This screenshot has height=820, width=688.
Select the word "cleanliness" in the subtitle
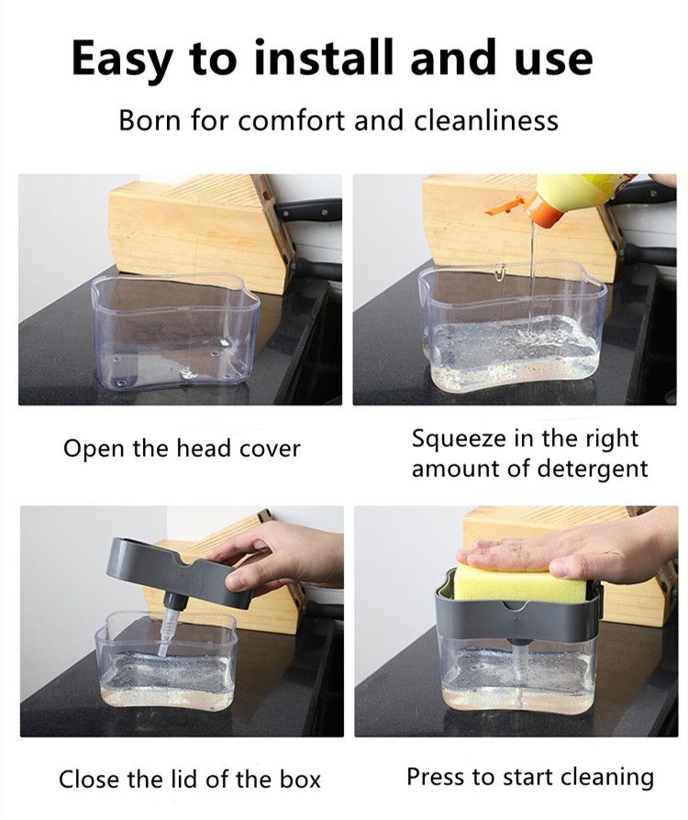pyautogui.click(x=486, y=120)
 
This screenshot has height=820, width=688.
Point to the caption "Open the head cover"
pyautogui.click(x=182, y=449)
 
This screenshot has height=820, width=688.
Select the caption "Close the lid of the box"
pyautogui.click(x=189, y=780)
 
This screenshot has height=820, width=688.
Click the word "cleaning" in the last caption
pyautogui.click(x=604, y=777)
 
